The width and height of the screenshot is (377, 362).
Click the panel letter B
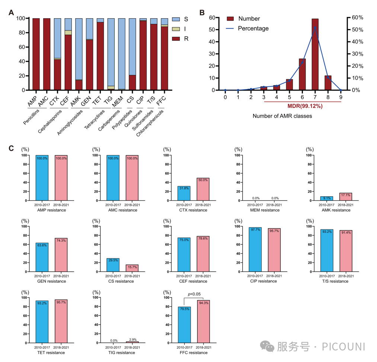202,13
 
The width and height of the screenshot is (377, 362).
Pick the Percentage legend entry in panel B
253,28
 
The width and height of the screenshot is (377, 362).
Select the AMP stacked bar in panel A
36,54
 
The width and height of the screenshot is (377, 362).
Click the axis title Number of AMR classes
282,116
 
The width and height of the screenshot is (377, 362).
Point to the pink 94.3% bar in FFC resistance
203,321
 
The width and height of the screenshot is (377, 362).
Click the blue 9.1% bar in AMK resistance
326,198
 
